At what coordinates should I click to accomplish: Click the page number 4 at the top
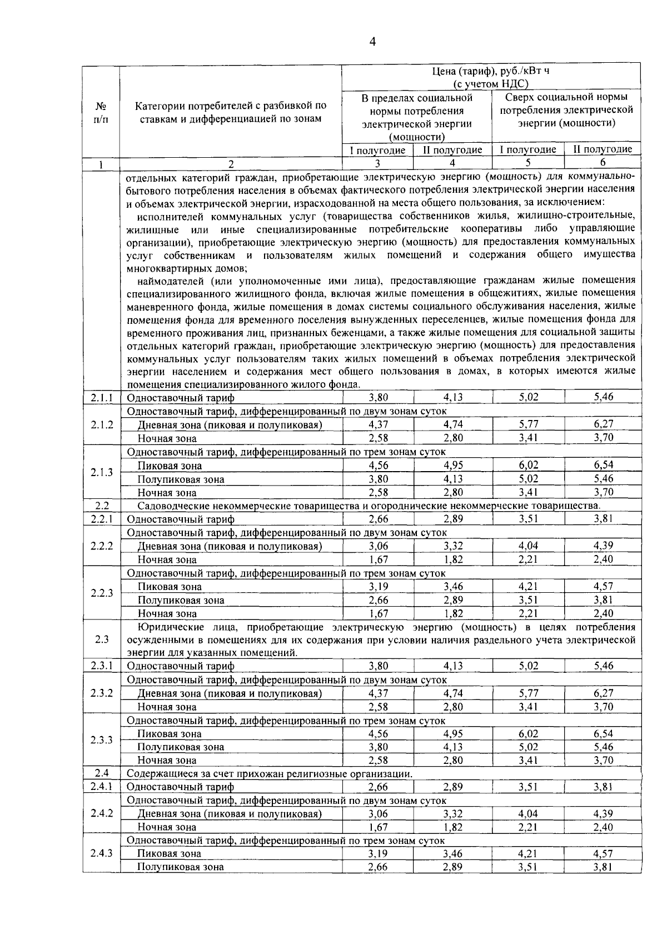click(373, 42)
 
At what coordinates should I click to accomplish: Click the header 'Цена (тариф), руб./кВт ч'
click(491, 71)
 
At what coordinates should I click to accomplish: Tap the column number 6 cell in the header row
click(603, 163)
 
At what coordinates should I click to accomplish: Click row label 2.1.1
click(101, 398)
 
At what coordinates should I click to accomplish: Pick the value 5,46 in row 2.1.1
click(603, 397)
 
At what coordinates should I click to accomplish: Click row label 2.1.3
click(101, 472)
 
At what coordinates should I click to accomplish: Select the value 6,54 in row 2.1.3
click(603, 466)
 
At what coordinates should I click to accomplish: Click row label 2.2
click(101, 506)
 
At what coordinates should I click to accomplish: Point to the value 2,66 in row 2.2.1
click(379, 519)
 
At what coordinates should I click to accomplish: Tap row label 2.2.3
click(101, 593)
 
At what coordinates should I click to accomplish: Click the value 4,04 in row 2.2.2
click(528, 546)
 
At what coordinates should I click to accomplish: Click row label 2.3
click(101, 639)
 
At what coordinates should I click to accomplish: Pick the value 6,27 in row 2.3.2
click(603, 693)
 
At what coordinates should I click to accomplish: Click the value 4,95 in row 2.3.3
click(453, 734)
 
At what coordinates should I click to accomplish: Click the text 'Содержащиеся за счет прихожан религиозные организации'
click(270, 773)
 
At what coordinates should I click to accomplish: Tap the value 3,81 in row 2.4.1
click(603, 787)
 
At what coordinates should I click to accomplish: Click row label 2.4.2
click(101, 813)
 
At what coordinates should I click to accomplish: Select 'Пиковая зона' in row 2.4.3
click(170, 854)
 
